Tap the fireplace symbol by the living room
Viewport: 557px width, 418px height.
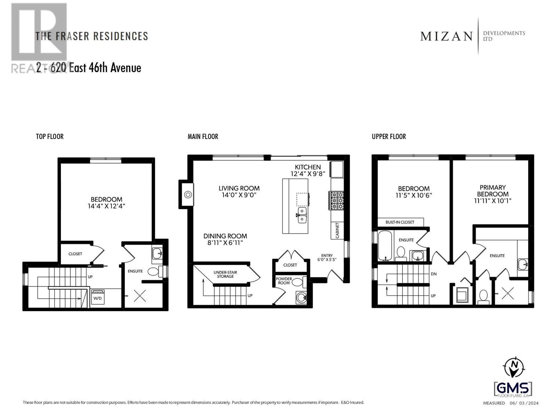click(x=188, y=194)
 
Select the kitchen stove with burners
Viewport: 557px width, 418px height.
click(x=337, y=201)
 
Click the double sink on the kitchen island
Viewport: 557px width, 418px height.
click(x=302, y=215)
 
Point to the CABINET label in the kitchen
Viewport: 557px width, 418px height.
click(x=337, y=231)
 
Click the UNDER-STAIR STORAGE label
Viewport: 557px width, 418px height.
click(x=225, y=274)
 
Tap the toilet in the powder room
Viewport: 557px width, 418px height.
click(x=298, y=282)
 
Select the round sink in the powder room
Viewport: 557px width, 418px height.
click(x=301, y=297)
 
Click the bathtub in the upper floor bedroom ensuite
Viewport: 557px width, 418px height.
click(x=385, y=246)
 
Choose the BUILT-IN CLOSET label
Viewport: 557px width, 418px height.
click(x=400, y=222)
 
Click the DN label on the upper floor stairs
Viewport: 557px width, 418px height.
click(x=433, y=274)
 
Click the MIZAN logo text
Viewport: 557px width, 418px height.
click(x=447, y=36)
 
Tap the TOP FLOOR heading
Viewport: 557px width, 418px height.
click(x=50, y=137)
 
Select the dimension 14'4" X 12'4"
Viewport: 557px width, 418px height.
click(x=107, y=206)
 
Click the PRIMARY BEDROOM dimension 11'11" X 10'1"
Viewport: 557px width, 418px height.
click(x=492, y=201)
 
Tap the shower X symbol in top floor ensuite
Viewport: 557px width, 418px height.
click(x=140, y=296)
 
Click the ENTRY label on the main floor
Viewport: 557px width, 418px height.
click(x=327, y=255)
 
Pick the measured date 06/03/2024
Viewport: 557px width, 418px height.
click(x=524, y=403)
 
